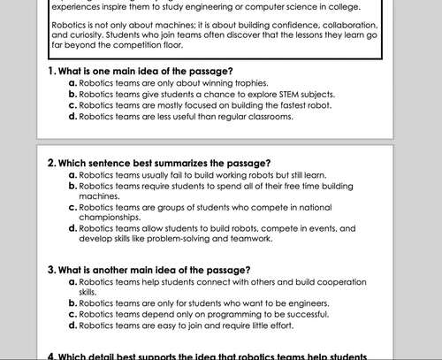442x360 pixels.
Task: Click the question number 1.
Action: (50, 70)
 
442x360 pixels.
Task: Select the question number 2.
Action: (50, 164)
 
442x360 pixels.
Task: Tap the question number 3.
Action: (50, 269)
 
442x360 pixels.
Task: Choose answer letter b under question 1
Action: (72, 93)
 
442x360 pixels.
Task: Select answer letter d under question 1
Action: (72, 116)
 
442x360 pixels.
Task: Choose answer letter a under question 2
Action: (72, 175)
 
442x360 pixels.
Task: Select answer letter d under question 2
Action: (72, 227)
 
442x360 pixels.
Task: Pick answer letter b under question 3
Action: (72, 303)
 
